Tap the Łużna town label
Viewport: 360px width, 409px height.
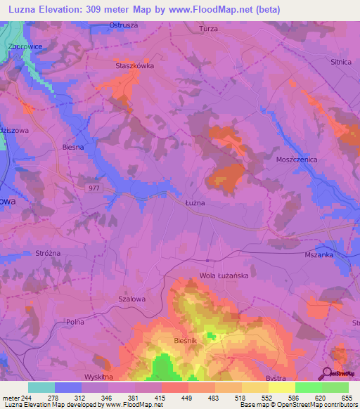pyautogui.click(x=195, y=202)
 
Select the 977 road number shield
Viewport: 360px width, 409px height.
pyautogui.click(x=96, y=188)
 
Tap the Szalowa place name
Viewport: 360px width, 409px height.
pyautogui.click(x=131, y=298)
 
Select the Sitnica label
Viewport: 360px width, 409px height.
pyautogui.click(x=340, y=62)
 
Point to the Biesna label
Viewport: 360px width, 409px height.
pyautogui.click(x=73, y=148)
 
